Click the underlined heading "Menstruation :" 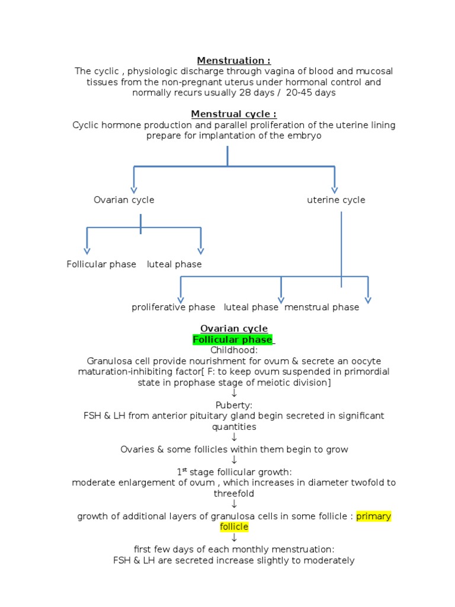233,60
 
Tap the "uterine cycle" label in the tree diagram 336,200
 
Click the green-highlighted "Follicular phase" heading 232,340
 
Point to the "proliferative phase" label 174,307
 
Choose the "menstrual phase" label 322,307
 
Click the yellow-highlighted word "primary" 373,516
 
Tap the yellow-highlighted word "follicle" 234,527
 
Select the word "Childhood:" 234,350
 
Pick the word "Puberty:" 234,405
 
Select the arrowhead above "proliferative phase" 181,299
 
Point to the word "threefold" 234,493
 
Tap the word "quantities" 234,427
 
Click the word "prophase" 181,383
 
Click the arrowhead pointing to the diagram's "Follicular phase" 87,251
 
